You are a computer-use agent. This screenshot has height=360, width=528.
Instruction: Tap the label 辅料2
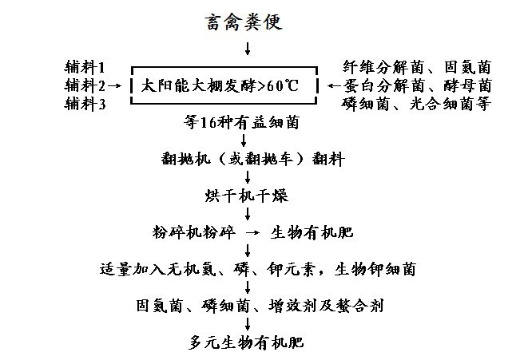(84, 85)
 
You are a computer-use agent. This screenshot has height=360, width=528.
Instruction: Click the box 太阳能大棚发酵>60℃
(224, 85)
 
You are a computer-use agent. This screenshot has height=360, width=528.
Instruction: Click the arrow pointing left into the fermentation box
(330, 85)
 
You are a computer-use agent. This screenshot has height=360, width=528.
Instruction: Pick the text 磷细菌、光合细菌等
(416, 103)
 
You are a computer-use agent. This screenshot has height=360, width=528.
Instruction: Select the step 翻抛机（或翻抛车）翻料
(252, 159)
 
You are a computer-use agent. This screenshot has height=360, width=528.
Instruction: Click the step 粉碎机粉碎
(193, 232)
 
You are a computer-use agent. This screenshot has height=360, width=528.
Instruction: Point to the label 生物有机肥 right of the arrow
(313, 232)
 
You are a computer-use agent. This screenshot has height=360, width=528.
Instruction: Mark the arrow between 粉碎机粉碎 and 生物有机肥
(251, 232)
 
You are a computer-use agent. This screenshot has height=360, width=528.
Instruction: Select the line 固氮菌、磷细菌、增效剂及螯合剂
(256, 305)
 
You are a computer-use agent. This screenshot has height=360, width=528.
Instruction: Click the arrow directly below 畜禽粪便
(248, 49)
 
